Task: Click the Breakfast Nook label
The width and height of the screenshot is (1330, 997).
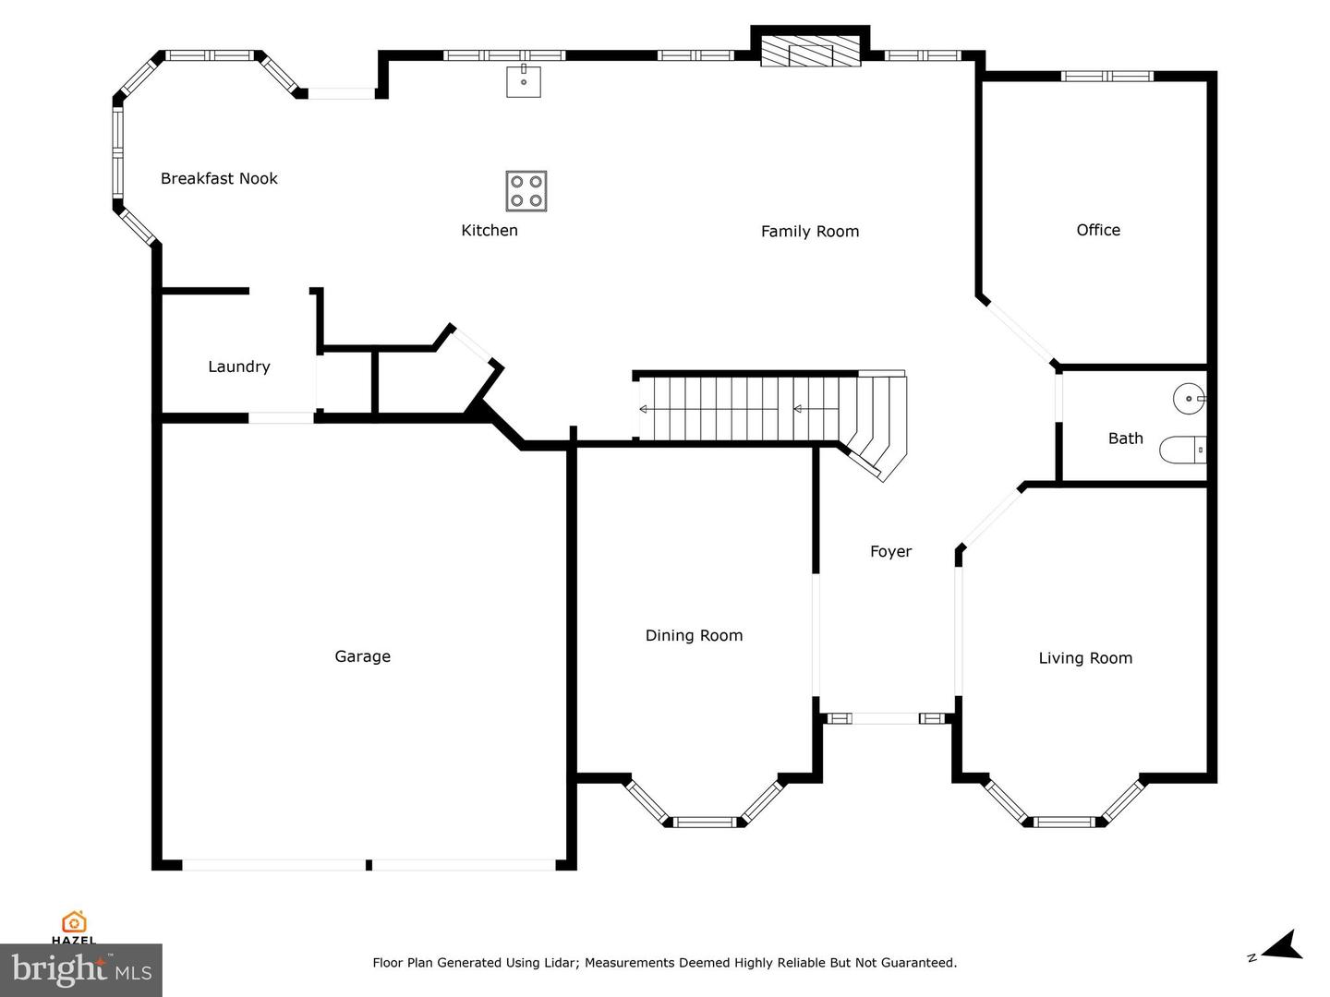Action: [219, 178]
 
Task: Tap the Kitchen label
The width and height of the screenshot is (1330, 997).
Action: [490, 230]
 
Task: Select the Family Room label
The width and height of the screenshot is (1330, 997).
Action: [810, 231]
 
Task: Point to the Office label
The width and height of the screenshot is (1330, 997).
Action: [1098, 230]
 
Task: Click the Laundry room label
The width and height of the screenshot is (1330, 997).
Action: [238, 366]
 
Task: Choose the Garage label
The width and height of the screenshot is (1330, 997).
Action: [362, 656]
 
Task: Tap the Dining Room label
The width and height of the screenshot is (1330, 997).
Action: [694, 635]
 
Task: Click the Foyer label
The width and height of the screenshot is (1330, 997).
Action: [890, 551]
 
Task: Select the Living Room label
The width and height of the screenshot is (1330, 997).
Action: [1085, 658]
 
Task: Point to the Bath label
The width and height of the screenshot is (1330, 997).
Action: [1125, 438]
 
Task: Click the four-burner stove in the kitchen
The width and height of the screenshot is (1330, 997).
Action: [526, 191]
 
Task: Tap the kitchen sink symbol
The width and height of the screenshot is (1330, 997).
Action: [524, 80]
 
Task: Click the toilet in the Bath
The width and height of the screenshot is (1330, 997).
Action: [1183, 450]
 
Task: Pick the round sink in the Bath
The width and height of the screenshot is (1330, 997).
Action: [1188, 400]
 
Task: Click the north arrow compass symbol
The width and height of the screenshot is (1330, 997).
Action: [1281, 947]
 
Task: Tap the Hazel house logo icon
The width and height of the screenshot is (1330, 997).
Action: [74, 922]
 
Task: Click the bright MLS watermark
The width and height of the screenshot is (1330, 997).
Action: [81, 969]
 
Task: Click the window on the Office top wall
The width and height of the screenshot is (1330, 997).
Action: [1106, 76]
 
